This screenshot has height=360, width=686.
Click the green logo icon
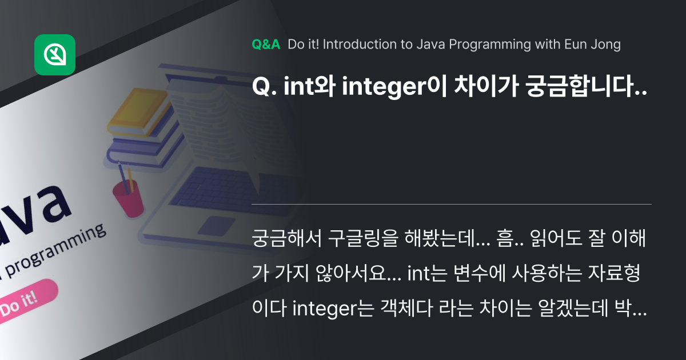pyautogui.click(x=55, y=55)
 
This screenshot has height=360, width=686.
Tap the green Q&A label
pyautogui.click(x=266, y=45)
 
